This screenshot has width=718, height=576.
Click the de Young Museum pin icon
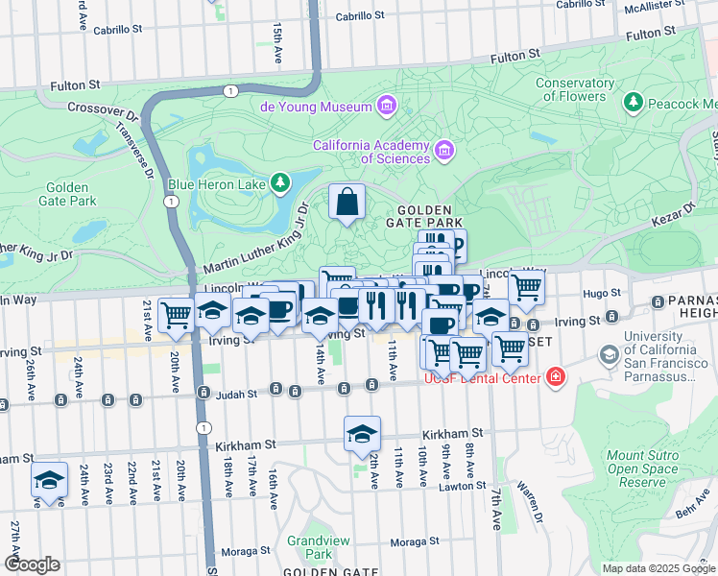(387, 105)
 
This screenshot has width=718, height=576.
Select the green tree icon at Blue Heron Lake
(279, 181)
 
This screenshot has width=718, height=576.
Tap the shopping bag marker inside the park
(347, 203)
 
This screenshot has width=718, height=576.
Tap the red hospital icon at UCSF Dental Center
(554, 378)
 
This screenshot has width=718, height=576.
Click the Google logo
(32, 564)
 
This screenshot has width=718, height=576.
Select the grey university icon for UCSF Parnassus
(609, 355)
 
